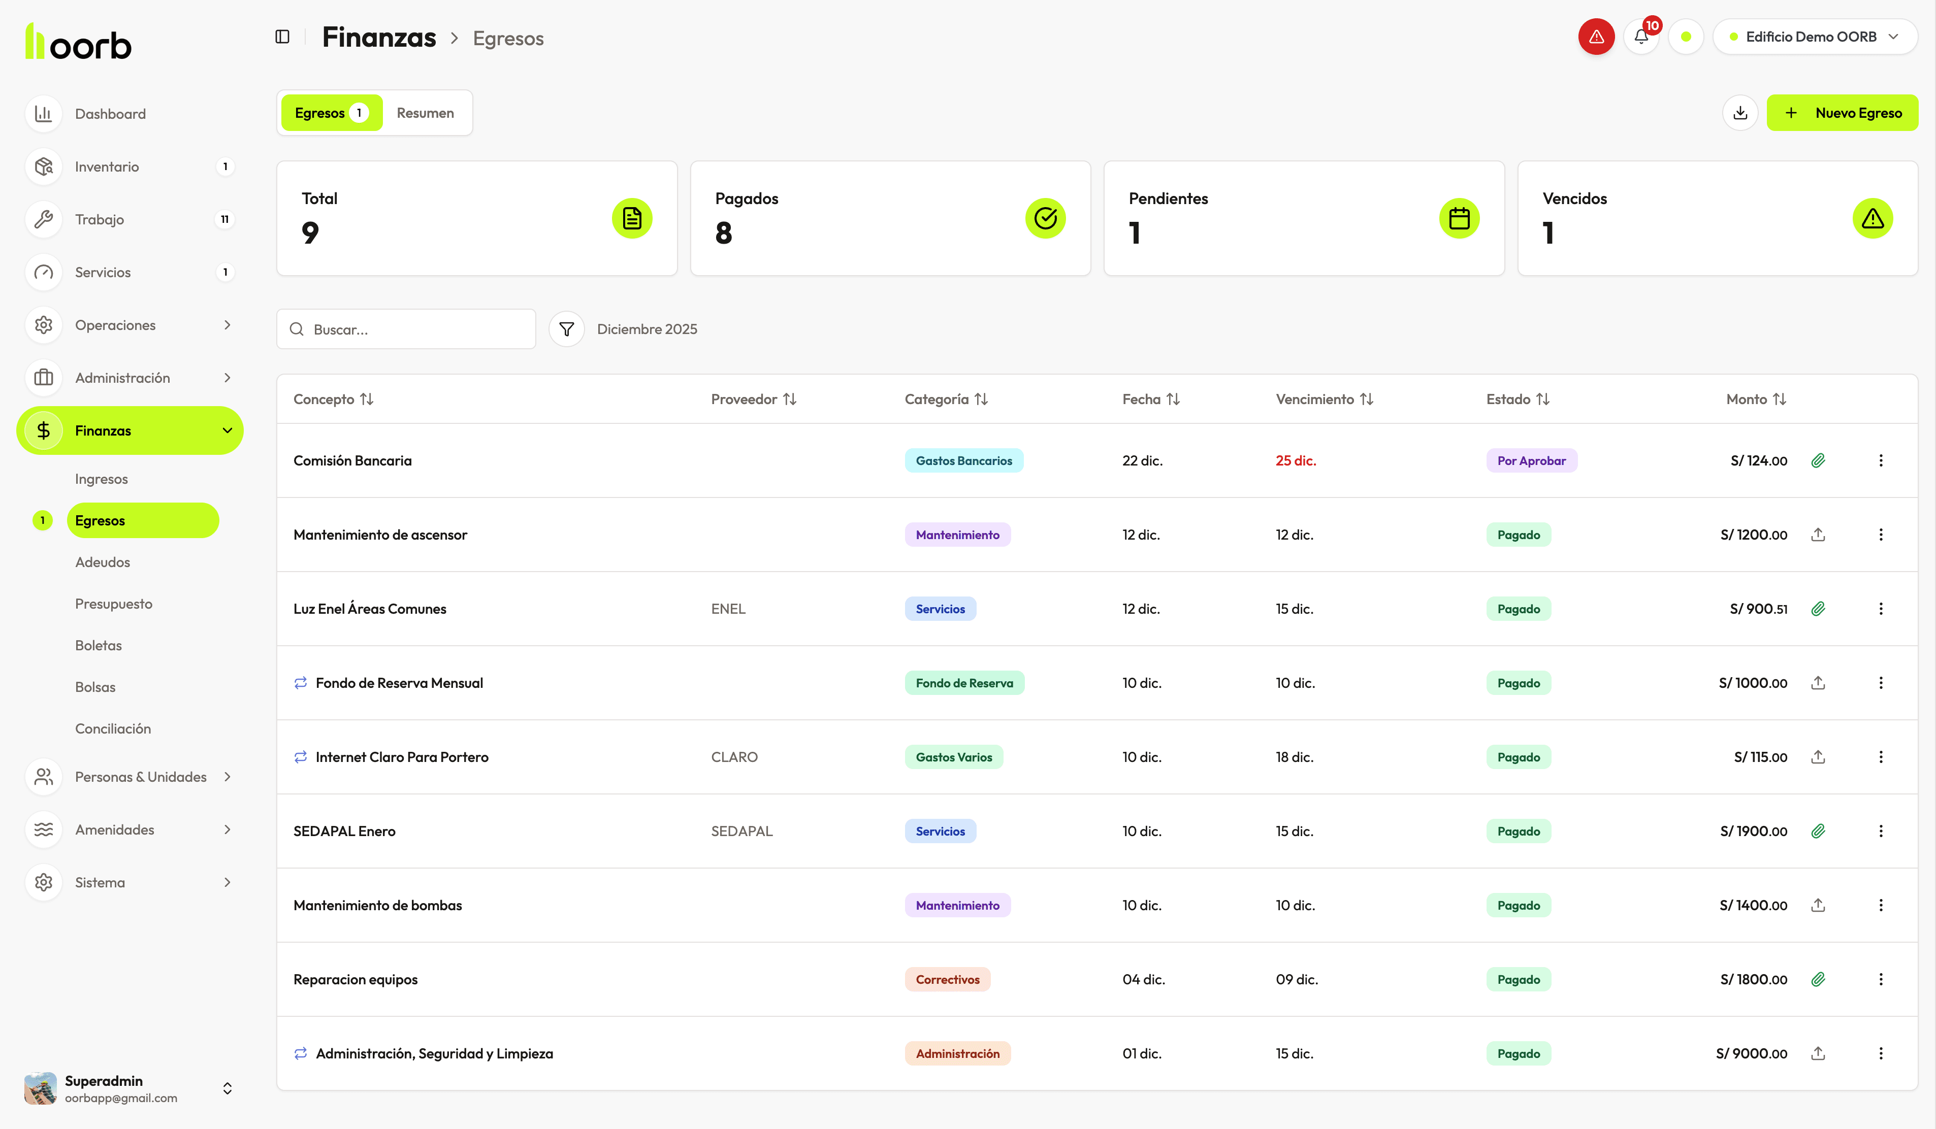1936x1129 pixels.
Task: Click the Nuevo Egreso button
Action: click(x=1842, y=113)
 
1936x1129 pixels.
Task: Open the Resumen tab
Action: click(x=425, y=113)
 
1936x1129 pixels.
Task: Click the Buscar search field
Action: click(x=415, y=329)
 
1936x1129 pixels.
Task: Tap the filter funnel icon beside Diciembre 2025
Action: click(x=566, y=329)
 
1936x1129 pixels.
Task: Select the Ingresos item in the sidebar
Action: click(x=102, y=479)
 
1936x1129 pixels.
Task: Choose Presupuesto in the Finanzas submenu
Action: click(x=114, y=604)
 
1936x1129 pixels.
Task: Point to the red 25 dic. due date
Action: click(x=1295, y=461)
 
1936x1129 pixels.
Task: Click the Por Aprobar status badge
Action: click(x=1531, y=461)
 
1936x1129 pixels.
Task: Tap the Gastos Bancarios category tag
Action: click(x=963, y=461)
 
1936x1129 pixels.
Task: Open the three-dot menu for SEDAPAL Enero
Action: click(x=1881, y=831)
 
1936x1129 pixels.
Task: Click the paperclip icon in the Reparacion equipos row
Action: click(x=1818, y=979)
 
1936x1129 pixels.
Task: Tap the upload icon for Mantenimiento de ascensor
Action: click(x=1818, y=535)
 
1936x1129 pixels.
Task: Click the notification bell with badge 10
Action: click(x=1641, y=37)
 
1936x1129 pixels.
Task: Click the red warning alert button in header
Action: click(x=1596, y=37)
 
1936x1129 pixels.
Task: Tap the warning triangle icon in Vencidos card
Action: click(x=1872, y=219)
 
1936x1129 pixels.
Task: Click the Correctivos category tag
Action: click(x=947, y=979)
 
